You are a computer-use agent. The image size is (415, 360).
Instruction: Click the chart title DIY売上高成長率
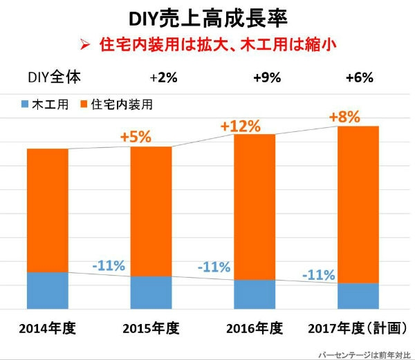click(x=208, y=17)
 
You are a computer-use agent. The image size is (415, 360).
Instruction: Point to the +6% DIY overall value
click(x=359, y=77)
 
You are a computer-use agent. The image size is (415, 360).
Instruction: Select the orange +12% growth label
click(x=240, y=126)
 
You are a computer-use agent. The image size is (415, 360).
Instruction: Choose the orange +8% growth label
click(x=344, y=117)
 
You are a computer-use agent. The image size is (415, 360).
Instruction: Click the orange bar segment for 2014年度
click(x=47, y=210)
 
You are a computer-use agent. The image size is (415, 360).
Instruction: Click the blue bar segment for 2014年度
click(x=47, y=290)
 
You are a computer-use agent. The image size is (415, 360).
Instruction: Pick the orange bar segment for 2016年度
click(x=255, y=207)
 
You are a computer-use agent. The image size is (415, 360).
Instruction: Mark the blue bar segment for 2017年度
click(x=358, y=296)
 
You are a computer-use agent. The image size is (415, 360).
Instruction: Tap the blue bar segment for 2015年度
click(x=151, y=292)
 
